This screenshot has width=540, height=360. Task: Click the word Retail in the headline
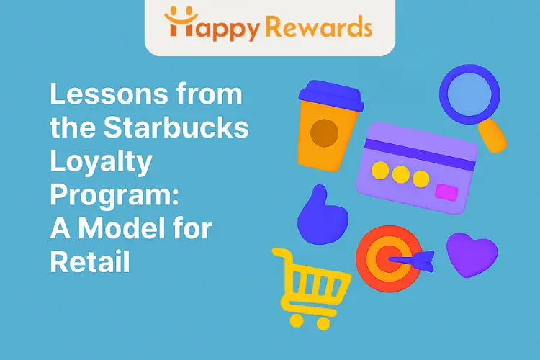coord(89,261)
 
